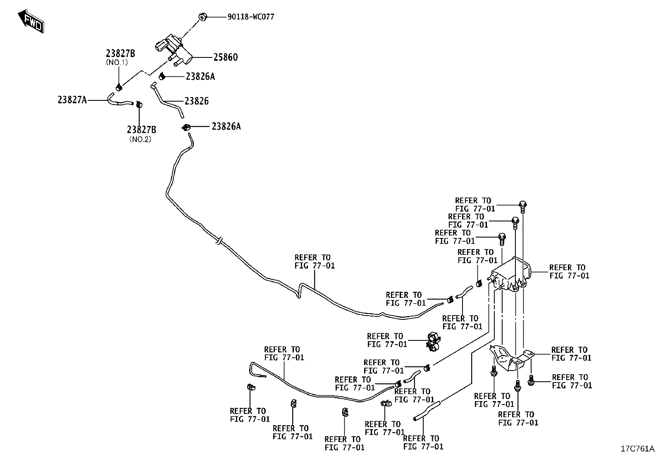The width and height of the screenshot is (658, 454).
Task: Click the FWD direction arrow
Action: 31,21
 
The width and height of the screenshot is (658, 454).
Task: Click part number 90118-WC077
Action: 251,17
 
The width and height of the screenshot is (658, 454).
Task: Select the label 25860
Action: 225,57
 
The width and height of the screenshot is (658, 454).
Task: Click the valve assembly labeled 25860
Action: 173,50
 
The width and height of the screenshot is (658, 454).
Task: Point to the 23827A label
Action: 72,100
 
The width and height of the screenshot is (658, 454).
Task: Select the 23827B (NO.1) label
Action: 120,57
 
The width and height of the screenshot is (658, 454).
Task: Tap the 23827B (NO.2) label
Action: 141,133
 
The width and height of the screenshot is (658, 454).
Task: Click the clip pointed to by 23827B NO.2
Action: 139,104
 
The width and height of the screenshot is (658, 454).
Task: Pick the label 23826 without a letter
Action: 196,101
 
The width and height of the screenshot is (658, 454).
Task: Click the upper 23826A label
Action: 200,77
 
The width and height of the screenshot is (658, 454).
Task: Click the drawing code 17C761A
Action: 637,448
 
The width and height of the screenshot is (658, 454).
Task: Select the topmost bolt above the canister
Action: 522,207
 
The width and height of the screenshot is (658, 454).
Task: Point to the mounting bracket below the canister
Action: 511,359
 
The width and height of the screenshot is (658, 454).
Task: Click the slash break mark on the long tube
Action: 219,240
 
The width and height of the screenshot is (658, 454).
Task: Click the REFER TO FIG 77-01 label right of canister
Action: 569,272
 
